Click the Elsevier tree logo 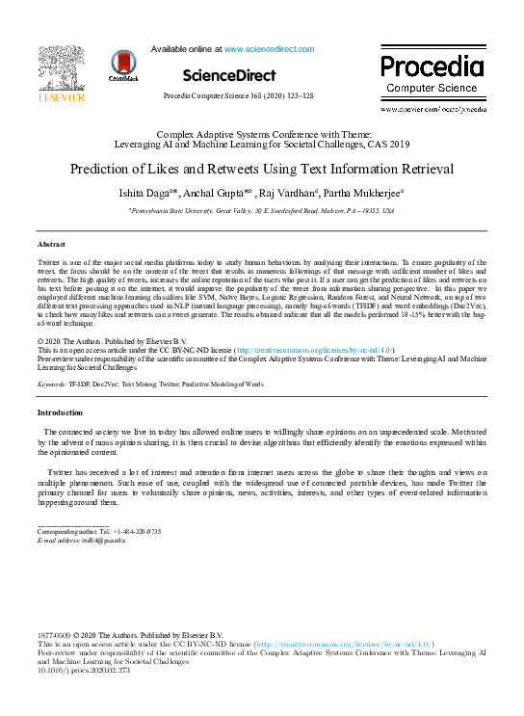click(x=53, y=67)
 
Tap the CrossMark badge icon click(x=123, y=65)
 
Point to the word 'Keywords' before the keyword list click(x=51, y=384)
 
